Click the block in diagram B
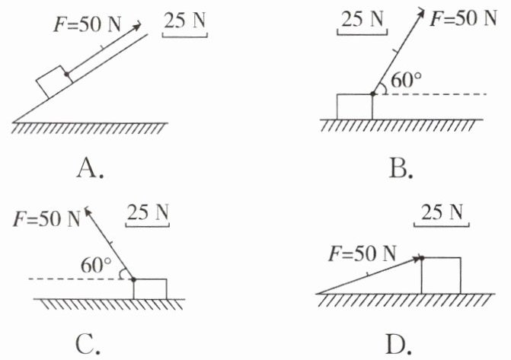coord(354,106)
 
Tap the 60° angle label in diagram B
coord(404,80)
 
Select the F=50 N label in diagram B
coord(464,18)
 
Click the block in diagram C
coord(149,288)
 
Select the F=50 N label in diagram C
coord(46,219)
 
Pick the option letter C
coord(88,345)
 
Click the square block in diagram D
coord(440,275)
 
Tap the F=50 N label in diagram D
coord(362,253)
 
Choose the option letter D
coord(398,345)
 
